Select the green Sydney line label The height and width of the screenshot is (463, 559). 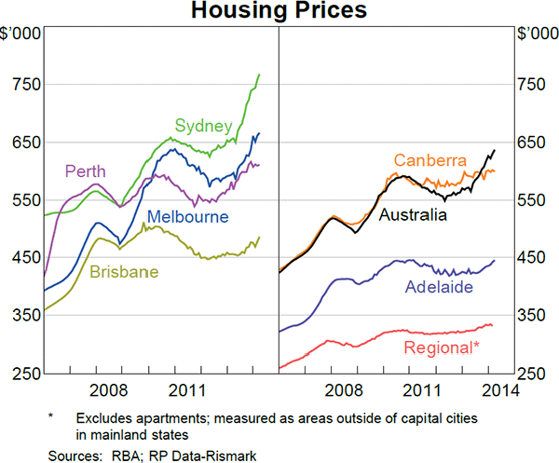click(202, 126)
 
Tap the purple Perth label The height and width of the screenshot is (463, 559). click(85, 171)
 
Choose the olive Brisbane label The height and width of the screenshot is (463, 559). click(124, 272)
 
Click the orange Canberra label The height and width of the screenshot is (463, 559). click(429, 160)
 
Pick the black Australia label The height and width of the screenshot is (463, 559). click(413, 214)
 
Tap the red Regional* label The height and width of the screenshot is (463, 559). click(443, 348)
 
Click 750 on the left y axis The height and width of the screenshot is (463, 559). click(24, 85)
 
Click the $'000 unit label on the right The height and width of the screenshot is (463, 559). click(535, 34)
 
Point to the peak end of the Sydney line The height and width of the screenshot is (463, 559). click(259, 75)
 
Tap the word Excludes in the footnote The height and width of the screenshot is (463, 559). click(104, 419)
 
